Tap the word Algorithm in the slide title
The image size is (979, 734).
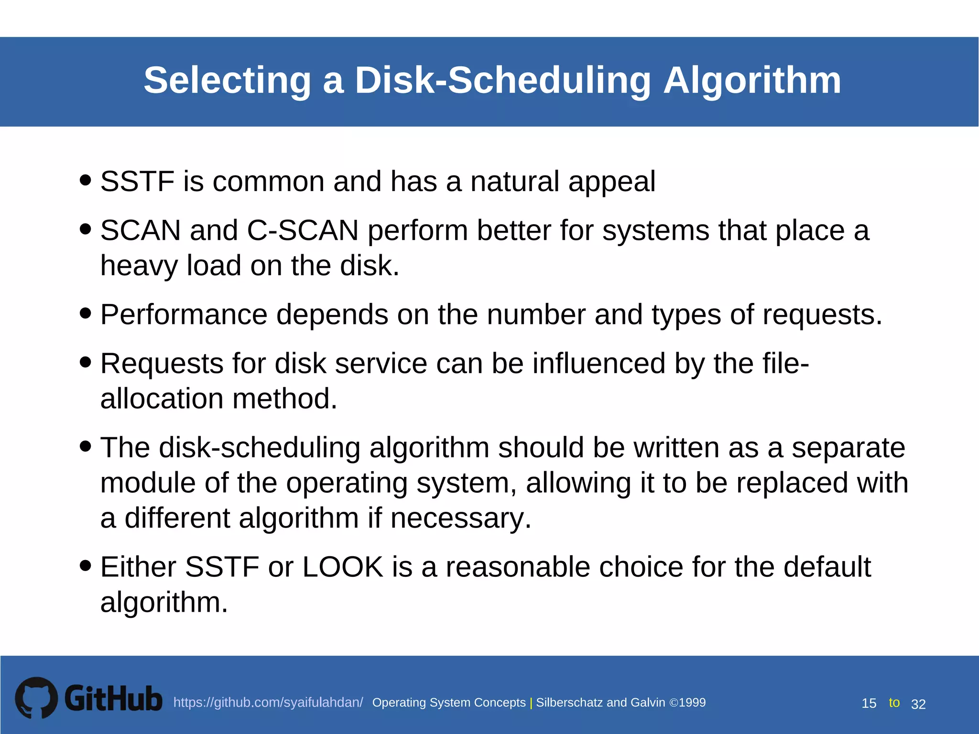(752, 80)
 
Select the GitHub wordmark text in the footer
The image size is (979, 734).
(113, 699)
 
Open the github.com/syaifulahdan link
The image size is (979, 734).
(268, 702)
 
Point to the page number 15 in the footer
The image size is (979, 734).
(869, 703)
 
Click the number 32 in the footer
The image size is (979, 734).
(918, 704)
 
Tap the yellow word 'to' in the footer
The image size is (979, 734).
(894, 702)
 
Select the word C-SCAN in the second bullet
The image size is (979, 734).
(303, 230)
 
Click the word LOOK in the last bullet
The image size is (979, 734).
(343, 567)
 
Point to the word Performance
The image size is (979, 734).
(184, 315)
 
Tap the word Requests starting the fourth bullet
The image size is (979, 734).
(162, 364)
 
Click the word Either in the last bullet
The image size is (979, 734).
(138, 567)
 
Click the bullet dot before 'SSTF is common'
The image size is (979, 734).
(86, 180)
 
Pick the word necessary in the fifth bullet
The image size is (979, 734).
(460, 518)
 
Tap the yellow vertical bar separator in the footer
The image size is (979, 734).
(531, 703)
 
